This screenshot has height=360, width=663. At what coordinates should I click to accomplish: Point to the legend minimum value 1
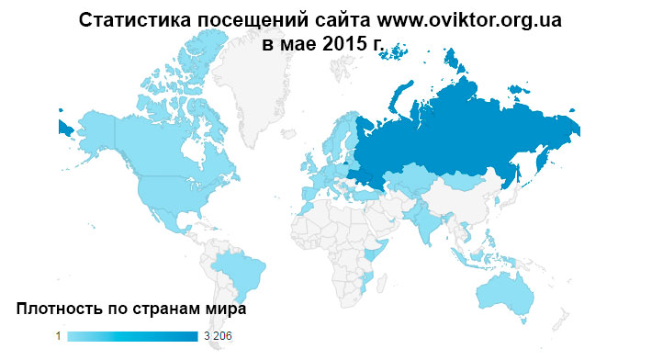58,337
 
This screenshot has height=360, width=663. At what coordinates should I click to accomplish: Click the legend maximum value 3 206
218,337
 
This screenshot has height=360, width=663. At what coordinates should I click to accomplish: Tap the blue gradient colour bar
132,337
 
